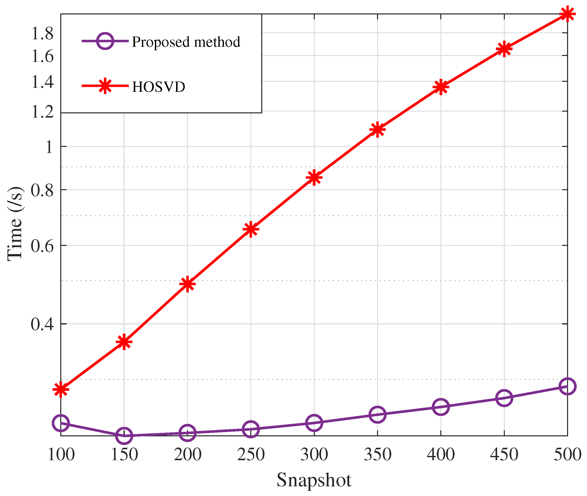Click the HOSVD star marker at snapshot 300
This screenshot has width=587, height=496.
pyautogui.click(x=314, y=178)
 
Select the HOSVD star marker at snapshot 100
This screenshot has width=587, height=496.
pyautogui.click(x=61, y=389)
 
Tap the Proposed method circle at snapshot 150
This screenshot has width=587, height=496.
pyautogui.click(x=124, y=436)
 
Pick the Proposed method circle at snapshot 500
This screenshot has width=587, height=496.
pyautogui.click(x=567, y=386)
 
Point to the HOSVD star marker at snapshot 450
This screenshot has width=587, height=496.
pyautogui.click(x=504, y=49)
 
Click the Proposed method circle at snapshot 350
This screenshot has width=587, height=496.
pyautogui.click(x=378, y=414)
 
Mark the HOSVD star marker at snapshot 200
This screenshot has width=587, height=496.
pyautogui.click(x=187, y=284)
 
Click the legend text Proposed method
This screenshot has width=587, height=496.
pyautogui.click(x=186, y=42)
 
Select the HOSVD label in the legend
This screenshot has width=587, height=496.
pyautogui.click(x=159, y=87)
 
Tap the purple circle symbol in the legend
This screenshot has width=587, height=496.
pyautogui.click(x=105, y=41)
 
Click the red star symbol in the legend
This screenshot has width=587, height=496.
pyautogui.click(x=105, y=86)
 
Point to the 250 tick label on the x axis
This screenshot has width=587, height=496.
pyautogui.click(x=251, y=454)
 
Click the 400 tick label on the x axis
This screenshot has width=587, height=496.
pyautogui.click(x=441, y=454)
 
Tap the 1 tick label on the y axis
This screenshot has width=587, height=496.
pyautogui.click(x=49, y=147)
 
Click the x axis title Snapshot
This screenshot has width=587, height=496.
pyautogui.click(x=314, y=480)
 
